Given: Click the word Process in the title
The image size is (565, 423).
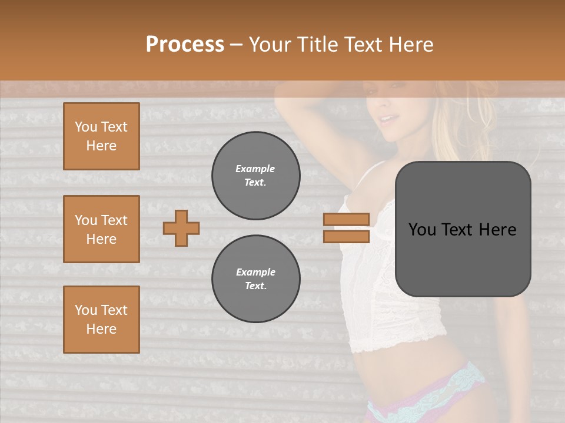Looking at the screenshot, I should pyautogui.click(x=185, y=45).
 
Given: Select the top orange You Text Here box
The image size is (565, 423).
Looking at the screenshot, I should pyautogui.click(x=101, y=136).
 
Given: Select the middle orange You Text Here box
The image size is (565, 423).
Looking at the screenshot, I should pyautogui.click(x=101, y=229).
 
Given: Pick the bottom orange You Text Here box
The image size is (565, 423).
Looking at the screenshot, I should pyautogui.click(x=101, y=320).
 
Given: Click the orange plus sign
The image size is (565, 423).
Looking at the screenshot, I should pyautogui.click(x=181, y=227).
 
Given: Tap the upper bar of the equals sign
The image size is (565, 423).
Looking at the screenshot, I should pyautogui.click(x=346, y=219).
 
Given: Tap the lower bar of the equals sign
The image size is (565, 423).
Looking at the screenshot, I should pyautogui.click(x=346, y=236).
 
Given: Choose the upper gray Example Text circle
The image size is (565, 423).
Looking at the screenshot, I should pyautogui.click(x=256, y=176).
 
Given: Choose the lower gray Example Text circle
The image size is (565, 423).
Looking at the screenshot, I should pyautogui.click(x=256, y=279).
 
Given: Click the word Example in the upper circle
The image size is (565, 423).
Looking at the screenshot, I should pyautogui.click(x=255, y=169).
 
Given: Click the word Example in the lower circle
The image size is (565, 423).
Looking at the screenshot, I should pyautogui.click(x=255, y=272).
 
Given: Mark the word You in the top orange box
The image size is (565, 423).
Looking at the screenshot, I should pyautogui.click(x=85, y=127).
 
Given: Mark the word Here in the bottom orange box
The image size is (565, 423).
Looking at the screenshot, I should pyautogui.click(x=101, y=329).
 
